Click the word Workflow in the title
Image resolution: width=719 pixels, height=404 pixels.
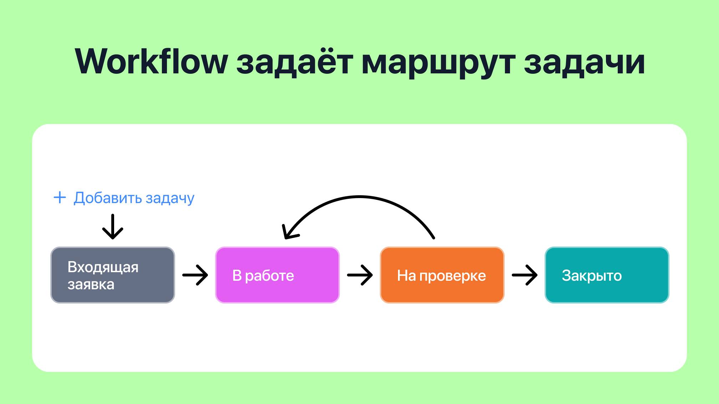[151, 62]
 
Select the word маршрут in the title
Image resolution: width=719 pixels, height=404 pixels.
[438, 63]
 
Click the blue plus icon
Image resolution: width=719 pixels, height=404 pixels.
[60, 197]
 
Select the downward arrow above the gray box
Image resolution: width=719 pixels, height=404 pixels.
[113, 227]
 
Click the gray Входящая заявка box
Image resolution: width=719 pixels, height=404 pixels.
[113, 275]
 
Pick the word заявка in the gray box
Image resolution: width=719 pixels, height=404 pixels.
[91, 285]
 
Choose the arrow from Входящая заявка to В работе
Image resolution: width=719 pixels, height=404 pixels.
[195, 275]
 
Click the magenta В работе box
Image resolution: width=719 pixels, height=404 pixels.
[277, 275]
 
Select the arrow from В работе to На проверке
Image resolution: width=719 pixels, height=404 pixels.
[360, 275]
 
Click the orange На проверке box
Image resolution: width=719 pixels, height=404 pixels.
[442, 275]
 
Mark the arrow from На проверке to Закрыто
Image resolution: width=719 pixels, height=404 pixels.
[525, 275]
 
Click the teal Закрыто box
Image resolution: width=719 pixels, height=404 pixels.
[607, 275]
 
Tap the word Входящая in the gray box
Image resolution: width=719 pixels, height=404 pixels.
[103, 267]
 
